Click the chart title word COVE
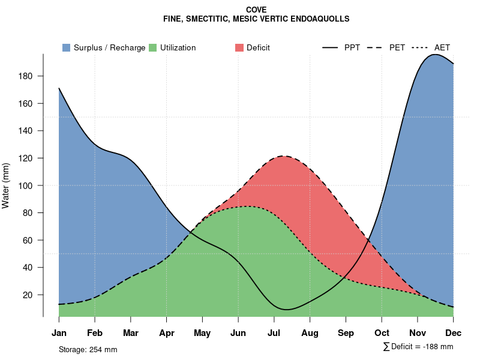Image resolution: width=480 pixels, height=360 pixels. coord(256,10)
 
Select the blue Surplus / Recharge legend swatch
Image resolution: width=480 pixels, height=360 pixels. coord(67,47)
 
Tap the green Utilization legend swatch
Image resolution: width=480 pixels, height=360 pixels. coord(152,47)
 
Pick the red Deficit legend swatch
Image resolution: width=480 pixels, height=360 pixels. coord(240,47)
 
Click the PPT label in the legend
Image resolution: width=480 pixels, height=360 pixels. coord(352,47)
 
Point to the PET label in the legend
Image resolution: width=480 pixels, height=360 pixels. coord(397,47)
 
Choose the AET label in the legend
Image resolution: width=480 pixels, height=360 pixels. coord(442,47)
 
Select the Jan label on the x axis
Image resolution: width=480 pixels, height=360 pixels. coord(59,333)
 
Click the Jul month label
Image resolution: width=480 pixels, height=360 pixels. coord(274,333)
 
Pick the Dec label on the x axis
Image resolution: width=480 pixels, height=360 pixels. coord(453,333)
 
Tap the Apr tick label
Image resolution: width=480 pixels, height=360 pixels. coord(167,333)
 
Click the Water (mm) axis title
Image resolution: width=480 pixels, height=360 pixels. coord(6,185)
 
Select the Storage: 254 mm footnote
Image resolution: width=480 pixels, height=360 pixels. coord(88,349)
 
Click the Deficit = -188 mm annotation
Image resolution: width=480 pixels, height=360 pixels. coord(418,347)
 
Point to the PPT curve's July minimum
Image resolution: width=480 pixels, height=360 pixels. coord(287,310)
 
